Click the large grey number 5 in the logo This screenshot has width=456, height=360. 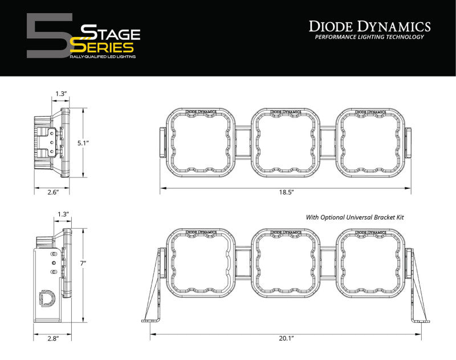[x=48, y=36]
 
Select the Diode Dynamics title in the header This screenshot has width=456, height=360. [x=369, y=26]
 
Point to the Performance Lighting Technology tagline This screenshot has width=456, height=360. [x=369, y=37]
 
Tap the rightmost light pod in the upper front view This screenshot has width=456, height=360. [x=370, y=143]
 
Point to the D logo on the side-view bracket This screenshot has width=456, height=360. [x=45, y=298]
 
